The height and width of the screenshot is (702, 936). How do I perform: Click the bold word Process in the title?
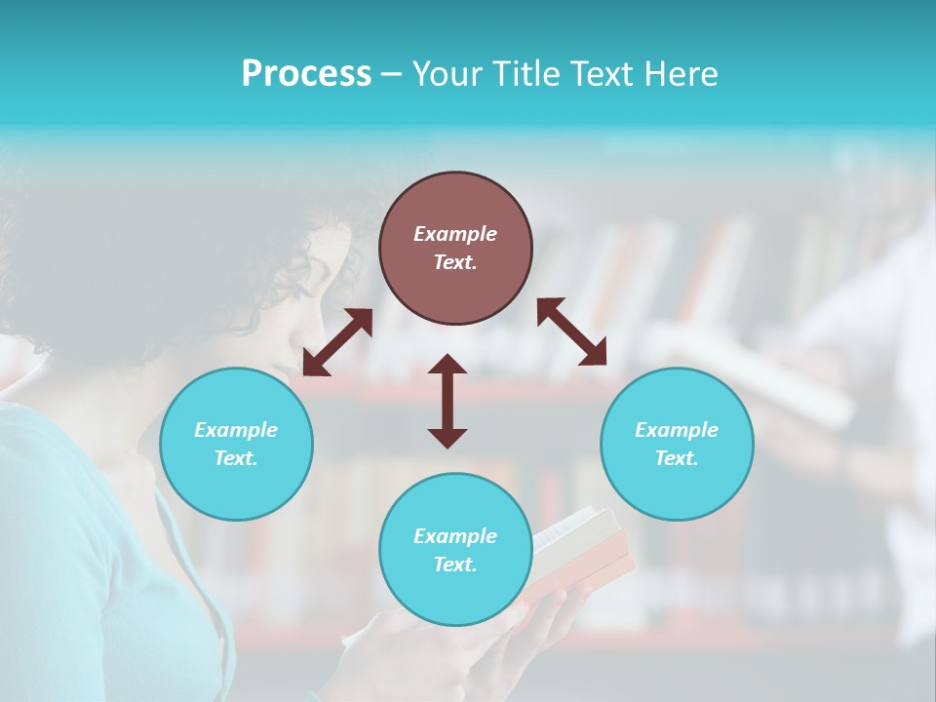[306, 74]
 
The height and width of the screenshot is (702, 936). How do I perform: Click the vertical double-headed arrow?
[448, 401]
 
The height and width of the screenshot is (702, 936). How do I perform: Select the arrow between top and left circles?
[337, 342]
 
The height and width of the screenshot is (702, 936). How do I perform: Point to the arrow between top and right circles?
[572, 331]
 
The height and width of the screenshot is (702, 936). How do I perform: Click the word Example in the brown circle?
[455, 234]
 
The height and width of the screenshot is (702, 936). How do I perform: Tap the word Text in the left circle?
[236, 458]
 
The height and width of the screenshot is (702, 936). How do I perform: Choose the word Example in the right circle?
[677, 430]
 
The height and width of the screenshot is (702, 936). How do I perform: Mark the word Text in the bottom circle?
[455, 565]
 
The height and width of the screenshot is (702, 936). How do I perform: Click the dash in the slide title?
[392, 74]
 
